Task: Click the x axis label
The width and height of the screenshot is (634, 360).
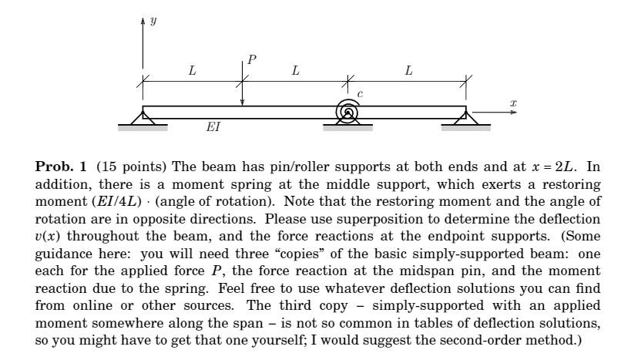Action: pyautogui.click(x=513, y=103)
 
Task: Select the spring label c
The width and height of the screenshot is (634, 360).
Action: pyautogui.click(x=360, y=94)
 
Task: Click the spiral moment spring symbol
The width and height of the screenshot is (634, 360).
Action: pyautogui.click(x=348, y=113)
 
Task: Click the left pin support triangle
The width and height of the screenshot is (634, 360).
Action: pyautogui.click(x=143, y=117)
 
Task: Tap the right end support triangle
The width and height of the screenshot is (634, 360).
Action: pyautogui.click(x=465, y=117)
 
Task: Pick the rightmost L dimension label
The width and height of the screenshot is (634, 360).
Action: pyautogui.click(x=408, y=71)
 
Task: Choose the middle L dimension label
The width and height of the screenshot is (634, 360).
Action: pyautogui.click(x=295, y=71)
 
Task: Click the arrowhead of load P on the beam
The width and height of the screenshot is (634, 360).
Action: pyautogui.click(x=242, y=103)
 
